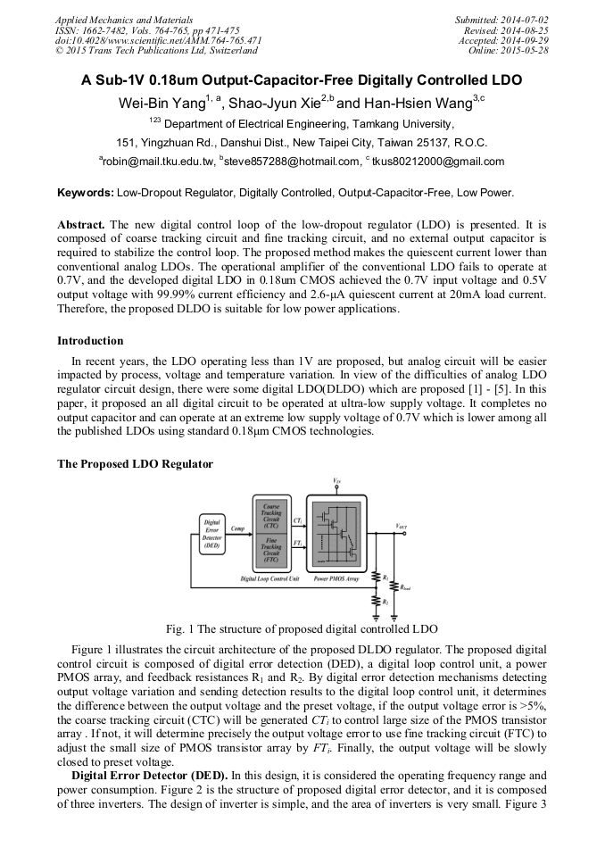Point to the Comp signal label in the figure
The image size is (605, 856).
tap(238, 528)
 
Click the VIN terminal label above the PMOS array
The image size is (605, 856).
tap(336, 481)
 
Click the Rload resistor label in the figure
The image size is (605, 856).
tap(406, 587)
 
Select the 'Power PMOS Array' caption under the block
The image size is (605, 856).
tap(335, 579)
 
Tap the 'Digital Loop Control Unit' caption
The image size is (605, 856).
tap(270, 579)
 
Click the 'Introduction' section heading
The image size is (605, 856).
tap(90, 341)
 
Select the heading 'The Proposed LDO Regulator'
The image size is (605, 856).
tap(135, 464)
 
